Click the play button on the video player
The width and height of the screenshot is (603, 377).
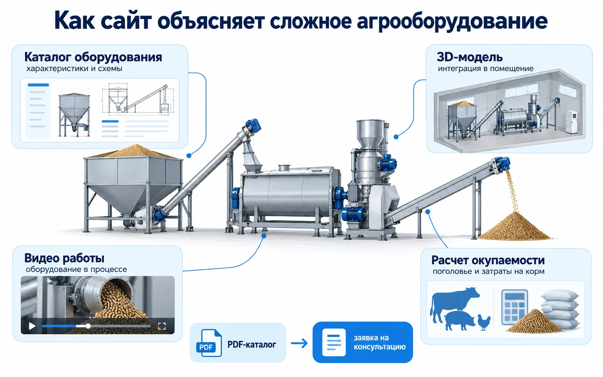click(32, 326)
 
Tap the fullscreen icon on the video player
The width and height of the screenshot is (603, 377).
click(162, 326)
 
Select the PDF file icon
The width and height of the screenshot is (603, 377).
click(209, 343)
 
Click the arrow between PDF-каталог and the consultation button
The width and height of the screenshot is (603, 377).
click(299, 343)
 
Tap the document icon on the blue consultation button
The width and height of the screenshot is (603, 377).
click(334, 342)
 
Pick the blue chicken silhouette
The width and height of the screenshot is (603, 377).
click(484, 322)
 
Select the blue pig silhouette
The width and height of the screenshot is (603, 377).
click(460, 320)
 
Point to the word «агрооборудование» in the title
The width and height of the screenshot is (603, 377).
click(452, 21)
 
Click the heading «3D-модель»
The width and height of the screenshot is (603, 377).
click(470, 57)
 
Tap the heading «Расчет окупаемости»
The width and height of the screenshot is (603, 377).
click(488, 260)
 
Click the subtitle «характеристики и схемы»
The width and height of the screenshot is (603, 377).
click(74, 69)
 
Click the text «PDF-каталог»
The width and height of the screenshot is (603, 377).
click(252, 344)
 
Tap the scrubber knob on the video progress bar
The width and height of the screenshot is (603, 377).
click(88, 326)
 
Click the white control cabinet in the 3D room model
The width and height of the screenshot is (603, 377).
click(571, 122)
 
